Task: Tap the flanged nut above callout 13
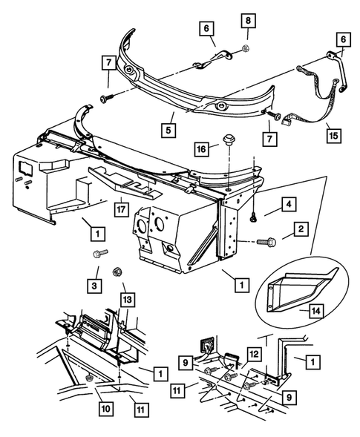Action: click(x=118, y=271)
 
